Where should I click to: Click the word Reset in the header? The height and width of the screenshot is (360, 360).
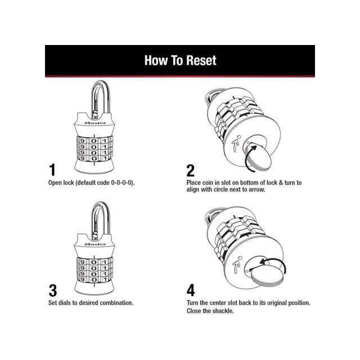pos(201,60)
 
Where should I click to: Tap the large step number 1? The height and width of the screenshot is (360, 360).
pos(52,170)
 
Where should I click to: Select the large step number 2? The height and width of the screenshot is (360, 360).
pos(191,170)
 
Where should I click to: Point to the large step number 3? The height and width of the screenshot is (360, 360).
pos(53,291)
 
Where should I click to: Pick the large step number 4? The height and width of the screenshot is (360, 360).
pos(191,290)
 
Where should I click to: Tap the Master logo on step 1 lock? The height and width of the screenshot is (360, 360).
pos(95,123)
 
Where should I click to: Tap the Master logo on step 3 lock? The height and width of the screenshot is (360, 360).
pos(95,244)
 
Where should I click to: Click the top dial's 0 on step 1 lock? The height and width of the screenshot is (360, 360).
pos(94,141)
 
